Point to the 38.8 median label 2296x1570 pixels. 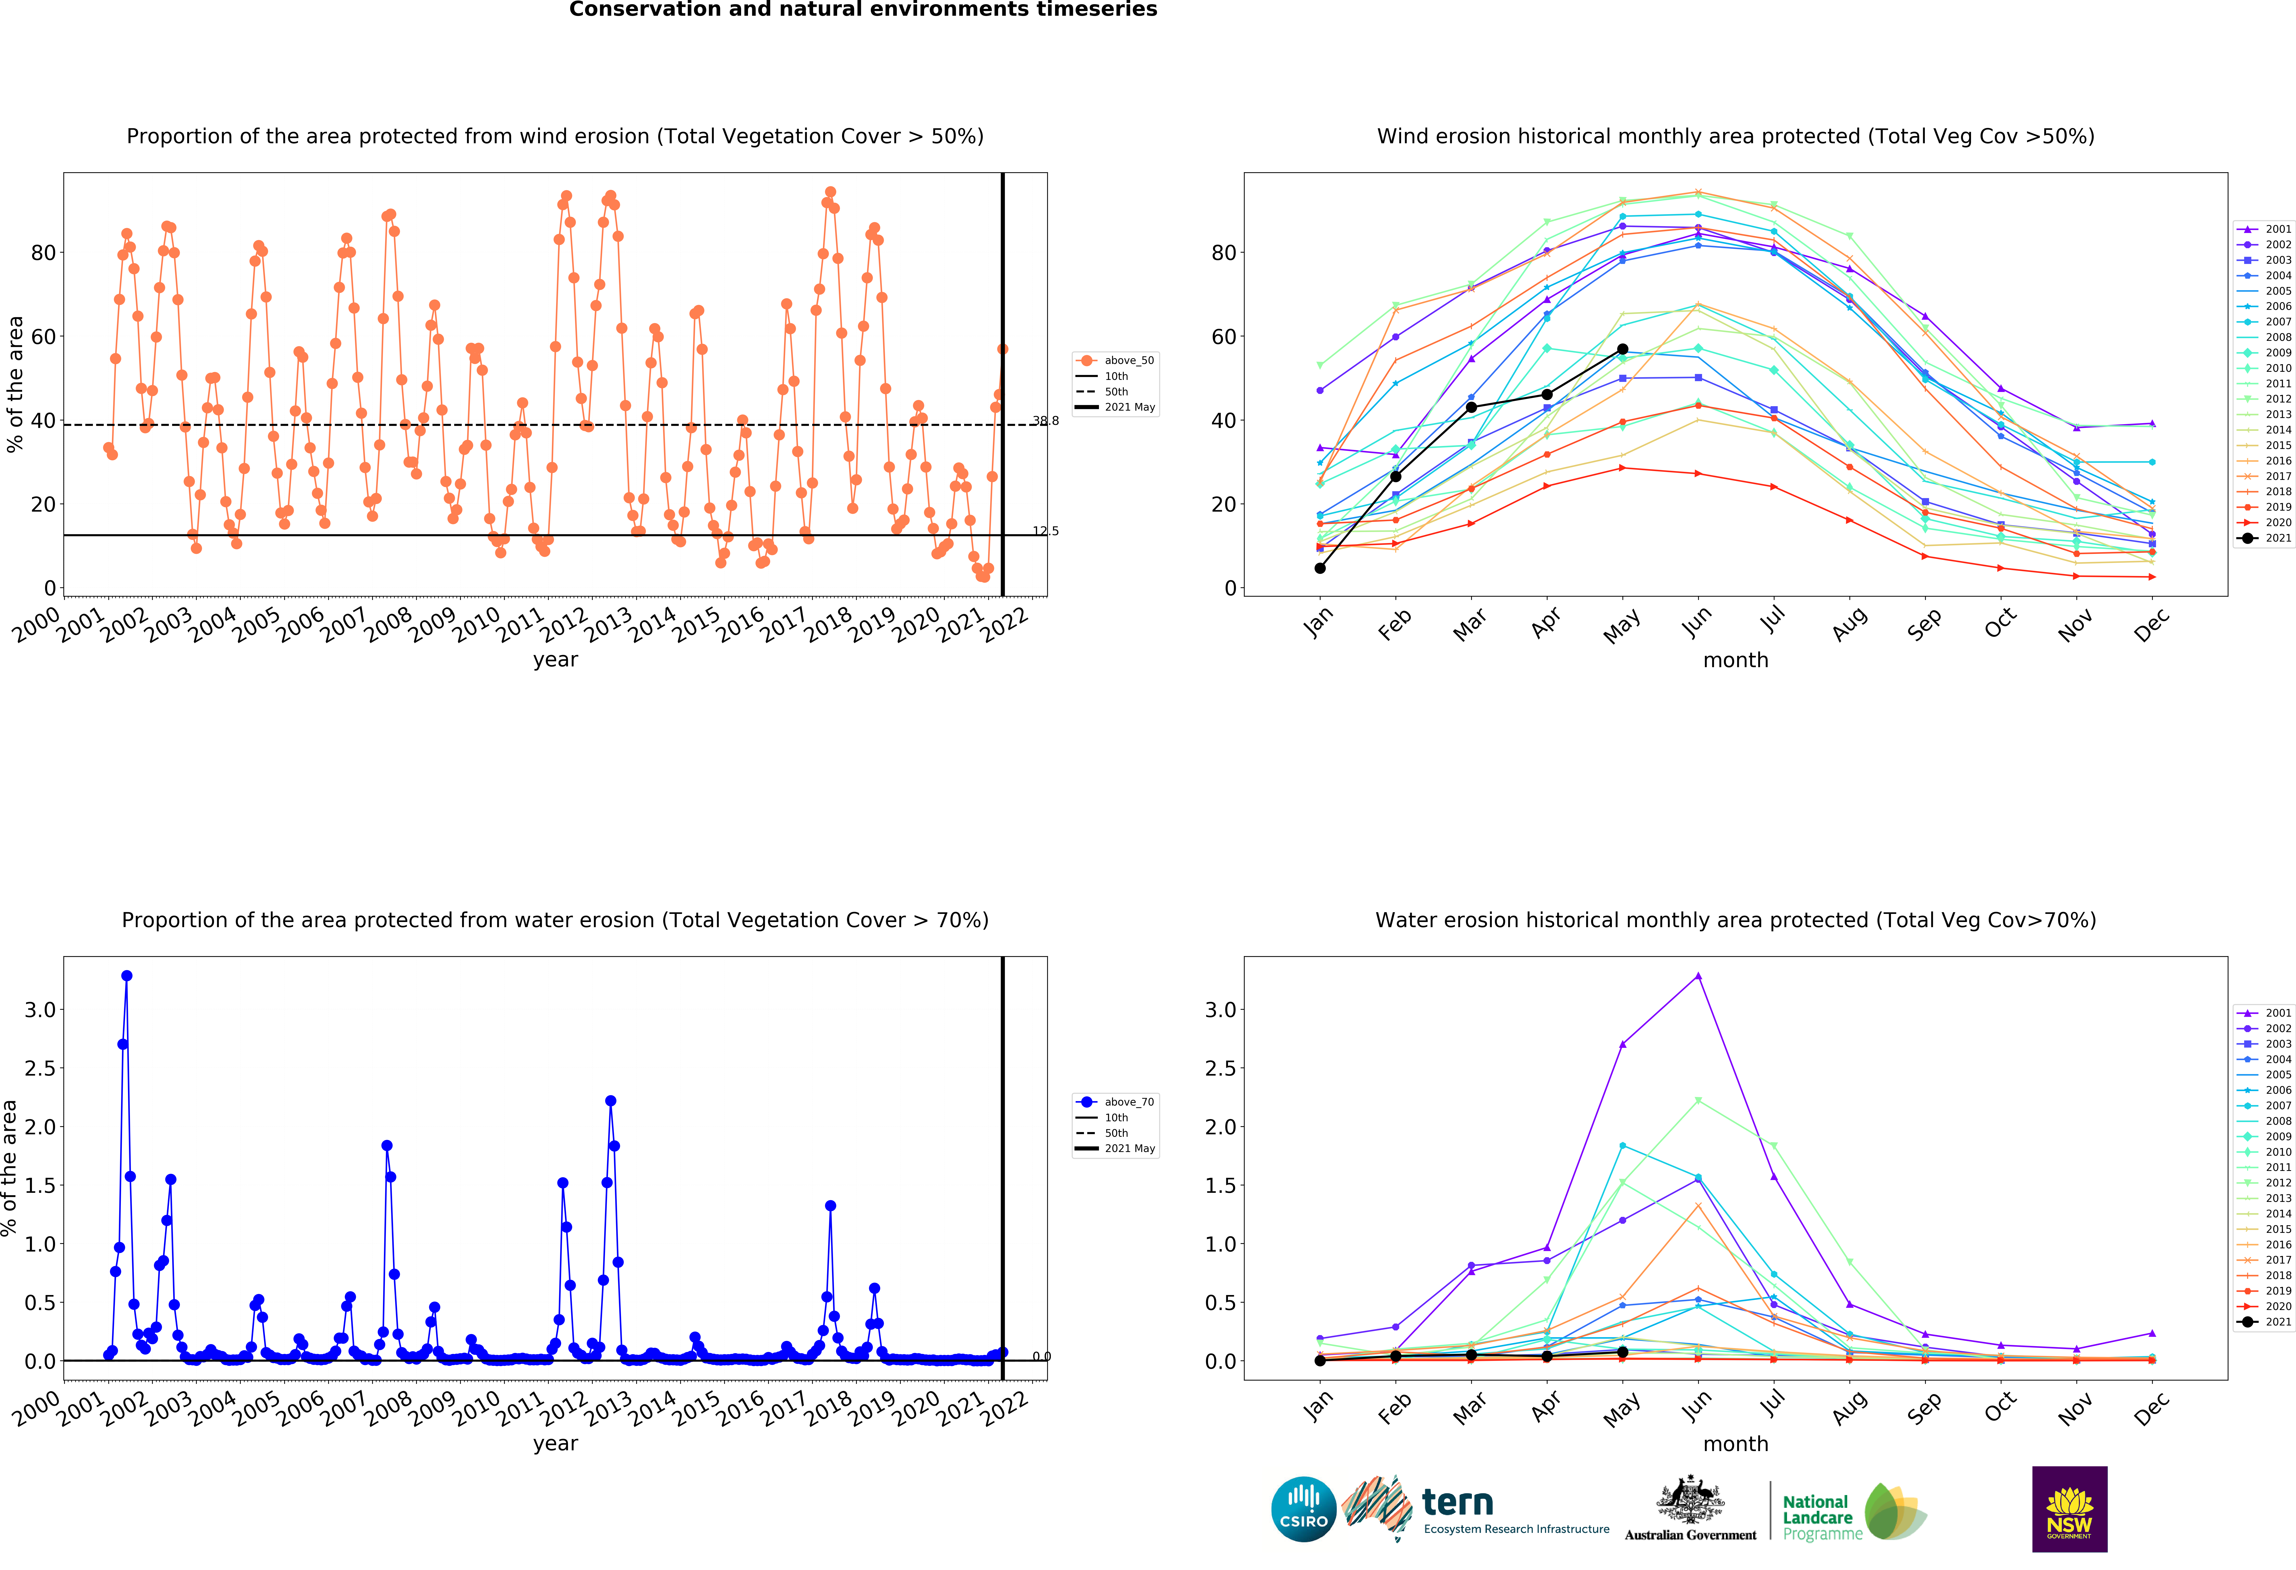(1045, 421)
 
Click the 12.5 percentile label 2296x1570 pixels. (1045, 532)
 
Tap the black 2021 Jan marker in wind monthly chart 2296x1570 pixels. (1320, 568)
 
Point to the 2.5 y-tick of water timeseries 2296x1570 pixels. (40, 1068)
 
